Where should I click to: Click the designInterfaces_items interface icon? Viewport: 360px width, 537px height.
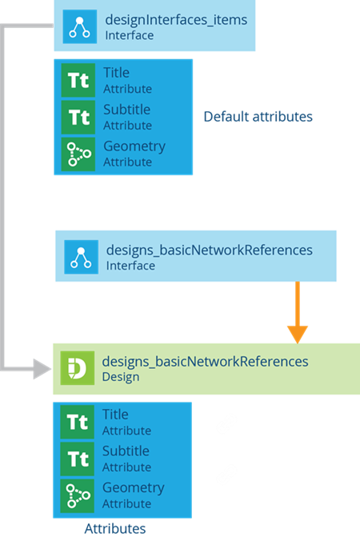click(x=80, y=26)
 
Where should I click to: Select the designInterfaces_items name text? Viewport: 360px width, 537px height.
click(x=176, y=20)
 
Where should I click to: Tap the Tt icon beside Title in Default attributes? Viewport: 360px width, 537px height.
click(x=78, y=80)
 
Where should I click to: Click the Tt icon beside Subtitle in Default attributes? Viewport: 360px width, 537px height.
click(x=78, y=117)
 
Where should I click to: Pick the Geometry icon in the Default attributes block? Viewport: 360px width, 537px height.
click(x=78, y=154)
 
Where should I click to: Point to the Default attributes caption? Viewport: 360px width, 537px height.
click(x=258, y=116)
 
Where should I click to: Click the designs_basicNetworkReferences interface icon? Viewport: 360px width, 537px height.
click(x=81, y=257)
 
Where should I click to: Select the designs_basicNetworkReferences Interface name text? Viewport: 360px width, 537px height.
click(x=209, y=250)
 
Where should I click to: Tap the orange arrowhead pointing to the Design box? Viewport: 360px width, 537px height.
click(x=298, y=335)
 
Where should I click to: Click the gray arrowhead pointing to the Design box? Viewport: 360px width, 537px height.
click(x=42, y=369)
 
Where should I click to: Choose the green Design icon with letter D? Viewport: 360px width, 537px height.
click(x=78, y=368)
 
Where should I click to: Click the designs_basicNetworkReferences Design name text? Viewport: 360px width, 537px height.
click(x=205, y=362)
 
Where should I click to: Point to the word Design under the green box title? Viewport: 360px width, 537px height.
click(x=121, y=377)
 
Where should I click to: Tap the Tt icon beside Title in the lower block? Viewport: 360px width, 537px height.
click(x=78, y=422)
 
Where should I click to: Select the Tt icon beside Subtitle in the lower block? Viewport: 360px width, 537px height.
click(x=78, y=459)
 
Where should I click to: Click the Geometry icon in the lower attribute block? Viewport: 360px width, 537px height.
click(x=78, y=496)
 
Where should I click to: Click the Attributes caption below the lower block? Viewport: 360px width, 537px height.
click(x=115, y=528)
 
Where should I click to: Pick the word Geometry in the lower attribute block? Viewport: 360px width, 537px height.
click(x=133, y=488)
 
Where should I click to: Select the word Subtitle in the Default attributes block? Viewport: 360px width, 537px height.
click(x=127, y=110)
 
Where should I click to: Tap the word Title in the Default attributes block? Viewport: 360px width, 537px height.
click(x=116, y=73)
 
